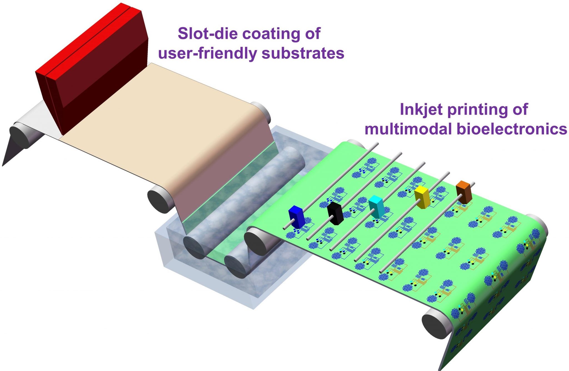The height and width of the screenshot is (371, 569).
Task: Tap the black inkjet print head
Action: [335, 213]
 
